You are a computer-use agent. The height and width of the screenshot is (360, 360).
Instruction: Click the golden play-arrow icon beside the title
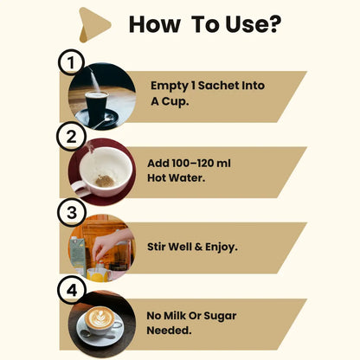pyautogui.click(x=93, y=25)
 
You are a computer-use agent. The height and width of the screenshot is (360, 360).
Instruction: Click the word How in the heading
pyautogui.click(x=155, y=24)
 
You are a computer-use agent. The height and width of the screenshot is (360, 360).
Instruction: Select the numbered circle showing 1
pyautogui.click(x=71, y=62)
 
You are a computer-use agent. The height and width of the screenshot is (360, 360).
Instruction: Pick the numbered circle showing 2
pyautogui.click(x=71, y=137)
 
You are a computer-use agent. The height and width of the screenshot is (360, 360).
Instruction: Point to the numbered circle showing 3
pyautogui.click(x=72, y=212)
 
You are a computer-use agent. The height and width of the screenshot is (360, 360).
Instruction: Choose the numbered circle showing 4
pyautogui.click(x=72, y=290)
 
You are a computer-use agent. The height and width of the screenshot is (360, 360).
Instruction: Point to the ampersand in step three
pyautogui.click(x=198, y=247)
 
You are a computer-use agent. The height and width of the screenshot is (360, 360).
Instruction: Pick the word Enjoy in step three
pyautogui.click(x=220, y=247)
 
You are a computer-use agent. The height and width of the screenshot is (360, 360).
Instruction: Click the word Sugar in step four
pyautogui.click(x=220, y=316)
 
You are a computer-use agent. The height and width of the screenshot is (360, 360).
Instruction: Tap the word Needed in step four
pyautogui.click(x=168, y=330)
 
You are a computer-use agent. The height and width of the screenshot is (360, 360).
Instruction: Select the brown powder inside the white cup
pyautogui.click(x=105, y=181)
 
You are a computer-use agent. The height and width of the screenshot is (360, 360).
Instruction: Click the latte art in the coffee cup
pyautogui.click(x=100, y=317)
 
